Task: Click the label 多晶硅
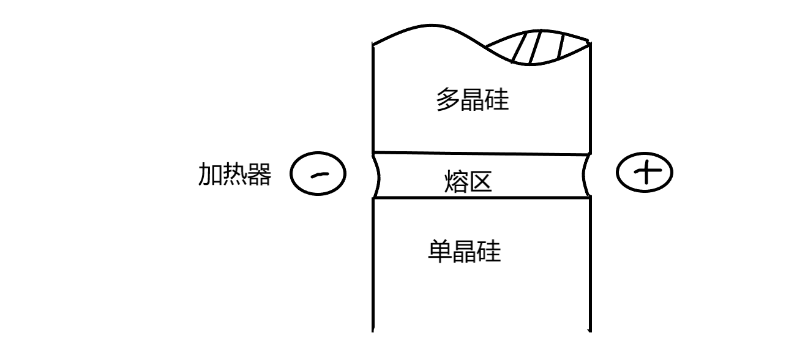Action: [x=472, y=100]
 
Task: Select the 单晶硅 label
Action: [x=464, y=251]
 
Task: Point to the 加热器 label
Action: [x=234, y=175]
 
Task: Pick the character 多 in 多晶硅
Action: [x=447, y=100]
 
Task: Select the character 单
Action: [x=440, y=251]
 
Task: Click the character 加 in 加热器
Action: [x=210, y=175]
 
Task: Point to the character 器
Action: [x=259, y=175]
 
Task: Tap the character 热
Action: [x=234, y=175]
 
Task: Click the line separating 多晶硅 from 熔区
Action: [x=481, y=153]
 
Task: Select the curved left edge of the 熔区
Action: [x=375, y=176]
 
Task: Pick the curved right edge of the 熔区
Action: [x=588, y=176]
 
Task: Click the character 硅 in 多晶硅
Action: [x=496, y=100]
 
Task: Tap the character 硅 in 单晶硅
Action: [x=488, y=251]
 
